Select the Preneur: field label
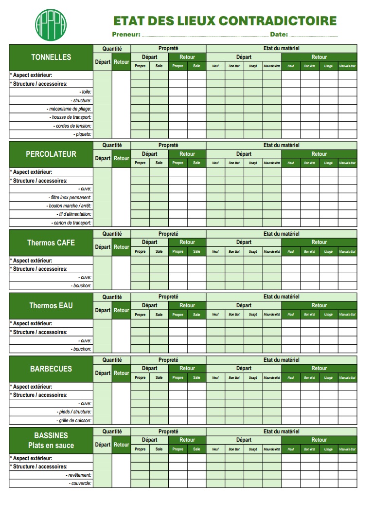tap(126, 35)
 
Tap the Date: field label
tap(279, 35)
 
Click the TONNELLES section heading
tap(51, 57)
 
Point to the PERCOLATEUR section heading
tap(51, 154)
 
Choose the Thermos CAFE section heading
tap(51, 243)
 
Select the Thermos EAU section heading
tap(51, 306)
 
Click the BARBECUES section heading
tap(51, 369)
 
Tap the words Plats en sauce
tap(51, 446)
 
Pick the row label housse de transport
tap(71, 117)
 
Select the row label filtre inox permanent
tap(71, 198)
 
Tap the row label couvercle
tap(80, 484)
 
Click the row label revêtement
tap(79, 475)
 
